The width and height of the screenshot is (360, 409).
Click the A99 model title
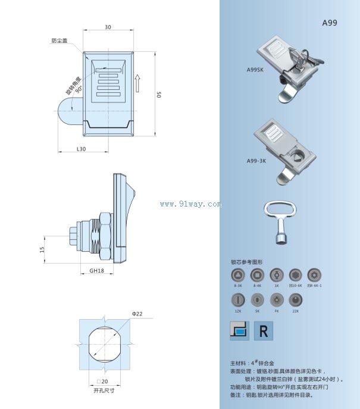click(330, 23)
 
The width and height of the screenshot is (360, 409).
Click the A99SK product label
click(255, 69)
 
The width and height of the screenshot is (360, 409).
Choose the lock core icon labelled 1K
click(276, 276)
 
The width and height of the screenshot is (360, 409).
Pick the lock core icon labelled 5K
click(258, 300)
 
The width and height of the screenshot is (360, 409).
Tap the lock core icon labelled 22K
click(296, 300)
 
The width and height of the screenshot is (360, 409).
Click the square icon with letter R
click(263, 331)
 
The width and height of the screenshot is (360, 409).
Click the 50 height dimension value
click(159, 95)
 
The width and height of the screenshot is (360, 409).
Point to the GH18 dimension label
click(96, 270)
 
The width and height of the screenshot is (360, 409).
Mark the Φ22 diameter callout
click(137, 314)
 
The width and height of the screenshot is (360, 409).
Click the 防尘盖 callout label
click(59, 40)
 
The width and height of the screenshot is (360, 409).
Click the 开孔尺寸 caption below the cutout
click(104, 391)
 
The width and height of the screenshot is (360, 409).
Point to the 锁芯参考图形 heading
click(246, 262)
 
